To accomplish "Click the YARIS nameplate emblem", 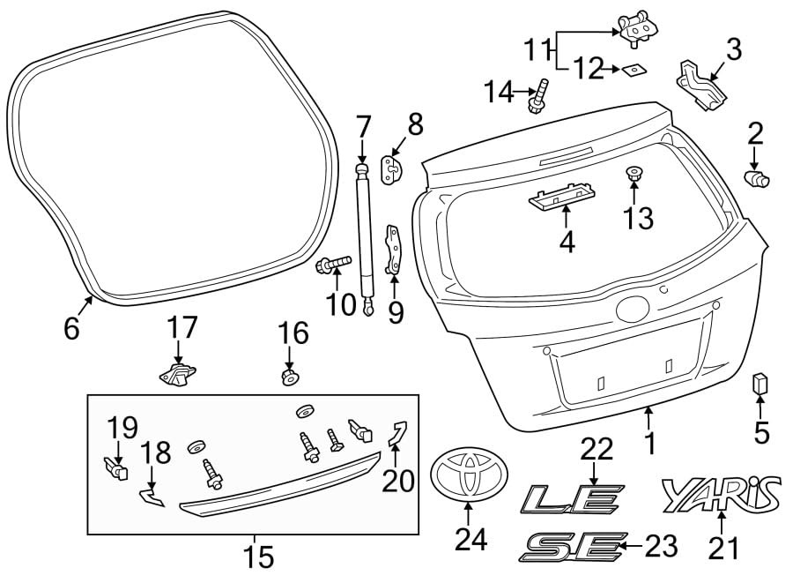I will tap(721, 494).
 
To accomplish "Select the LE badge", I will tap(573, 499).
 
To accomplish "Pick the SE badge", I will tap(573, 547).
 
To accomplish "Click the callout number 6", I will tap(71, 328).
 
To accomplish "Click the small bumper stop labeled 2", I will tap(757, 179).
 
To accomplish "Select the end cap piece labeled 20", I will tap(398, 432).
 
